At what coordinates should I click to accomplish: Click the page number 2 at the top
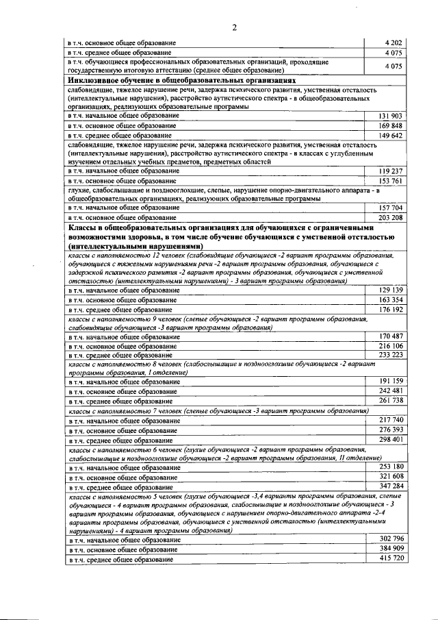point(234,27)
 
